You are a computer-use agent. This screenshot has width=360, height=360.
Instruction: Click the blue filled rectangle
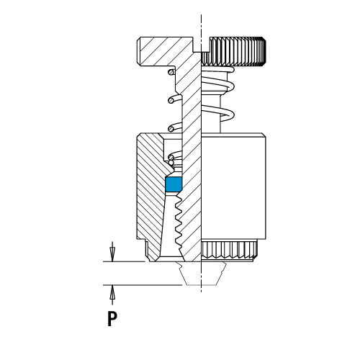click(174, 184)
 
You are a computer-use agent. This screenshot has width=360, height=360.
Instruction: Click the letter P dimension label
click(112, 318)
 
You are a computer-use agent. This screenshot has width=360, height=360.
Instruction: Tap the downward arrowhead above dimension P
click(112, 254)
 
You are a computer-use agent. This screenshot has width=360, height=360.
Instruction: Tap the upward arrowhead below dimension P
click(112, 292)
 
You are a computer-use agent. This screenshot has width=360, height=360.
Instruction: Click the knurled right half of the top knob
click(233, 51)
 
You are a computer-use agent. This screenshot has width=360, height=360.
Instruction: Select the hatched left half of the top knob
click(166, 51)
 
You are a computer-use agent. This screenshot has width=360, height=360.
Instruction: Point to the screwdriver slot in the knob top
click(202, 44)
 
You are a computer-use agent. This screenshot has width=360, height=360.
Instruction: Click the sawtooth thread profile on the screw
click(179, 222)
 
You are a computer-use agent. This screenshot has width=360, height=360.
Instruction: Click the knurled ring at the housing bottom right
click(230, 250)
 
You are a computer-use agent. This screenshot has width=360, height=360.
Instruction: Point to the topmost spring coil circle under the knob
click(171, 72)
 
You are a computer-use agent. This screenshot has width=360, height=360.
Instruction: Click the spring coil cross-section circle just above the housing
click(171, 129)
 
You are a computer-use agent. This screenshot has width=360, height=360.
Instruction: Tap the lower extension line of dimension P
click(143, 285)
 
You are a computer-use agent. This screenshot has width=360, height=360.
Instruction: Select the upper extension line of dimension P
click(124, 261)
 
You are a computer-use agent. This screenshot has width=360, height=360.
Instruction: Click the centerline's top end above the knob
click(201, 15)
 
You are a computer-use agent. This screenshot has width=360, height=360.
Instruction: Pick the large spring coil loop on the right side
click(218, 113)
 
